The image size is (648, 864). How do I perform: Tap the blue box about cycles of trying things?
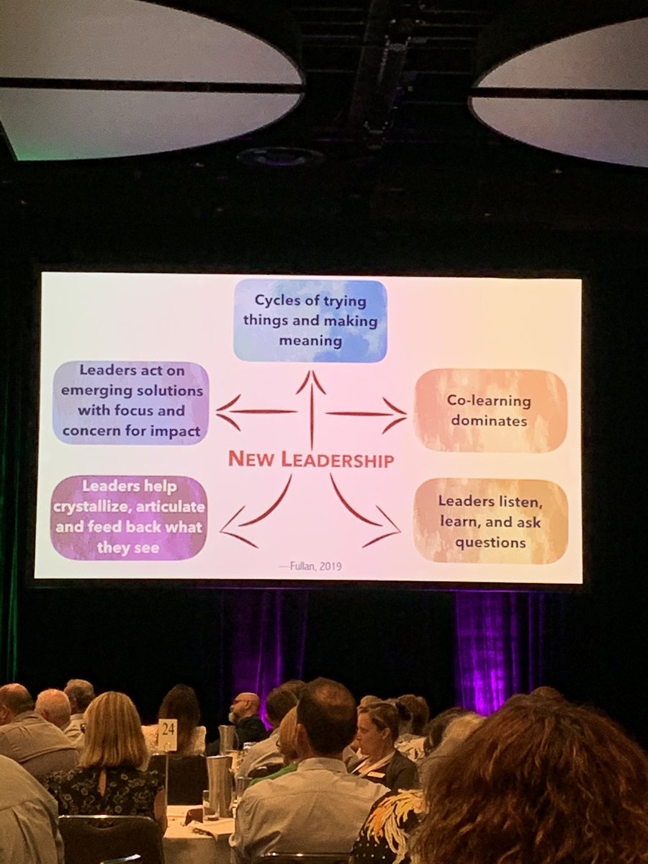[310, 320]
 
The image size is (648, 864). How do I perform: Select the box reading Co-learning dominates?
[490, 411]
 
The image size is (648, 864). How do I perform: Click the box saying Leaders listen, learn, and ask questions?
[490, 521]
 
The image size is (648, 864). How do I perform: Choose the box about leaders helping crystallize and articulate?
[130, 516]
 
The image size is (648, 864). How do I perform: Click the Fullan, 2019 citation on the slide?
[320, 566]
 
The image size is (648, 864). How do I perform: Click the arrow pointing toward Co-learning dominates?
[367, 413]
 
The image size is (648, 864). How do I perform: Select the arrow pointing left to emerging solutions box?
[256, 412]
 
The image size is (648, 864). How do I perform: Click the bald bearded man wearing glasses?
[246, 716]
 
